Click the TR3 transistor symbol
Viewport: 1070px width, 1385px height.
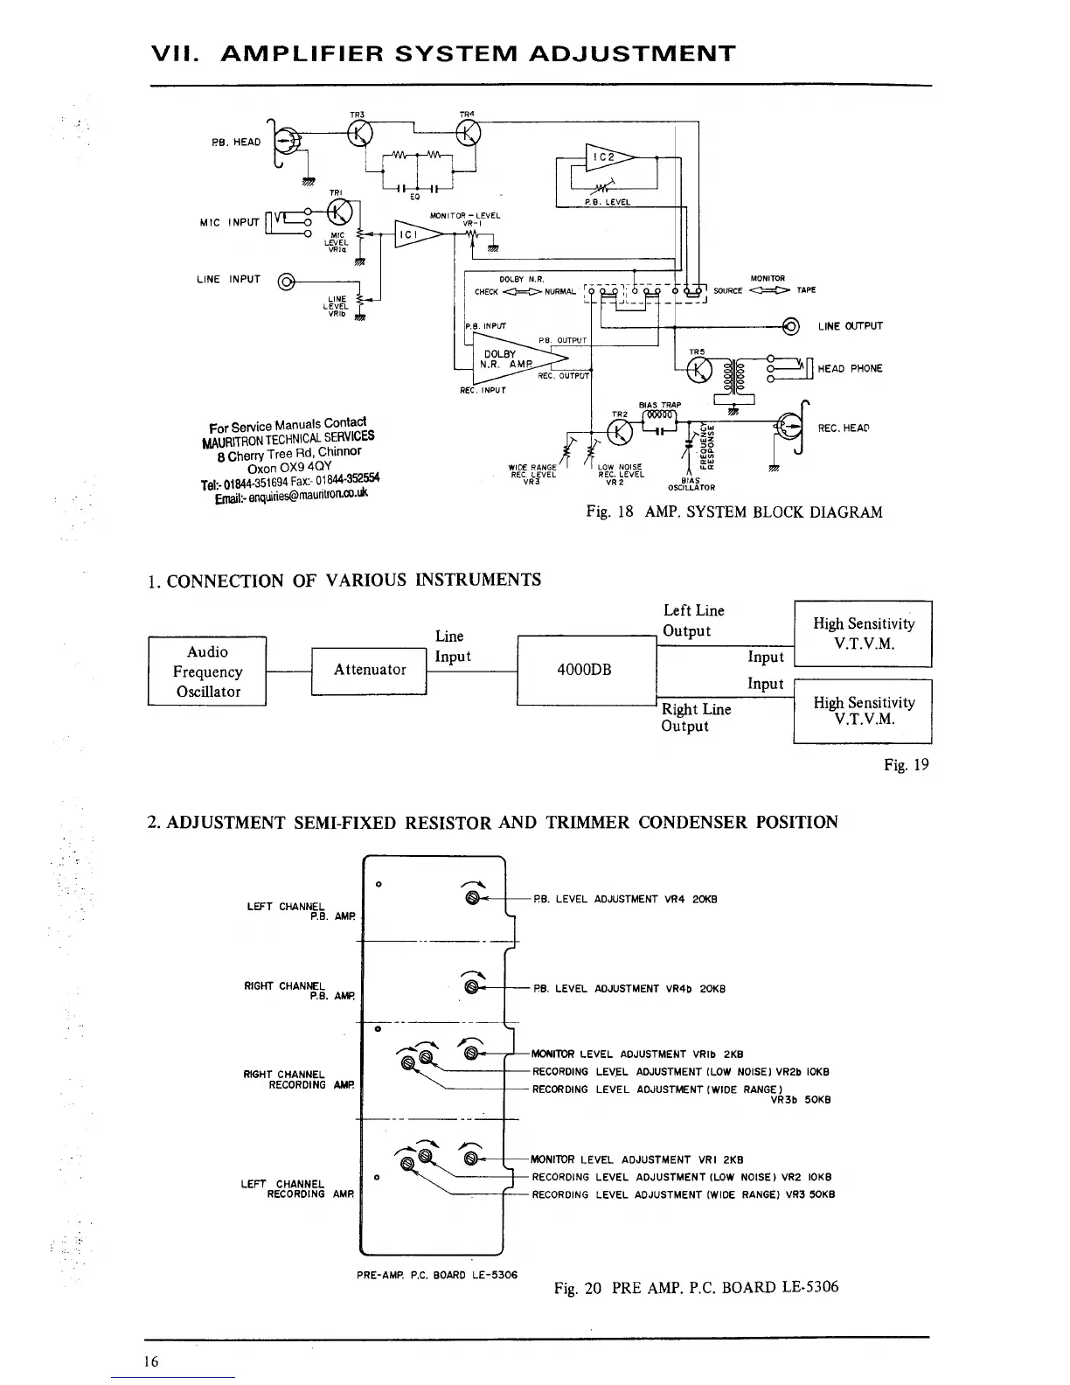pyautogui.click(x=360, y=133)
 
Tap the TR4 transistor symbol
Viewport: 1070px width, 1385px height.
pyautogui.click(x=469, y=132)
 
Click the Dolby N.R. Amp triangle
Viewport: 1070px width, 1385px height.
pyautogui.click(x=511, y=358)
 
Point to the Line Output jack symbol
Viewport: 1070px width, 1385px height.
pyautogui.click(x=791, y=327)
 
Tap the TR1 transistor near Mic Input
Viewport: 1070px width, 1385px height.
pyautogui.click(x=338, y=212)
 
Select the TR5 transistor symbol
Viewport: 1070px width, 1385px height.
pyautogui.click(x=699, y=372)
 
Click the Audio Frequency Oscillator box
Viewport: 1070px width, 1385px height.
pyautogui.click(x=207, y=672)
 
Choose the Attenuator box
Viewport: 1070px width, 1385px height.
pyautogui.click(x=369, y=671)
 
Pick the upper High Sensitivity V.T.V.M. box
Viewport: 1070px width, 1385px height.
pyautogui.click(x=863, y=634)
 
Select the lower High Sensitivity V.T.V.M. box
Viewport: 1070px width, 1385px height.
pyautogui.click(x=863, y=711)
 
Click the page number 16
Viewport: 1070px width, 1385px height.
pyautogui.click(x=153, y=1361)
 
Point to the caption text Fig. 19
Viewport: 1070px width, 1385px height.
pyautogui.click(x=906, y=765)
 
